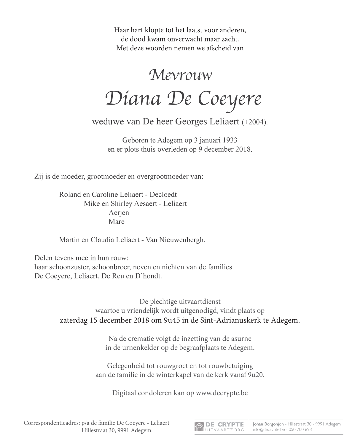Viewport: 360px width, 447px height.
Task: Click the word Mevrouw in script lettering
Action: click(x=181, y=75)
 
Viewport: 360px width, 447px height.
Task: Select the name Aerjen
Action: click(x=119, y=213)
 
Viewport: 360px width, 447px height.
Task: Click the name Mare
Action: click(x=117, y=222)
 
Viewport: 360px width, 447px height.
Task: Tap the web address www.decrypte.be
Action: click(x=222, y=393)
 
